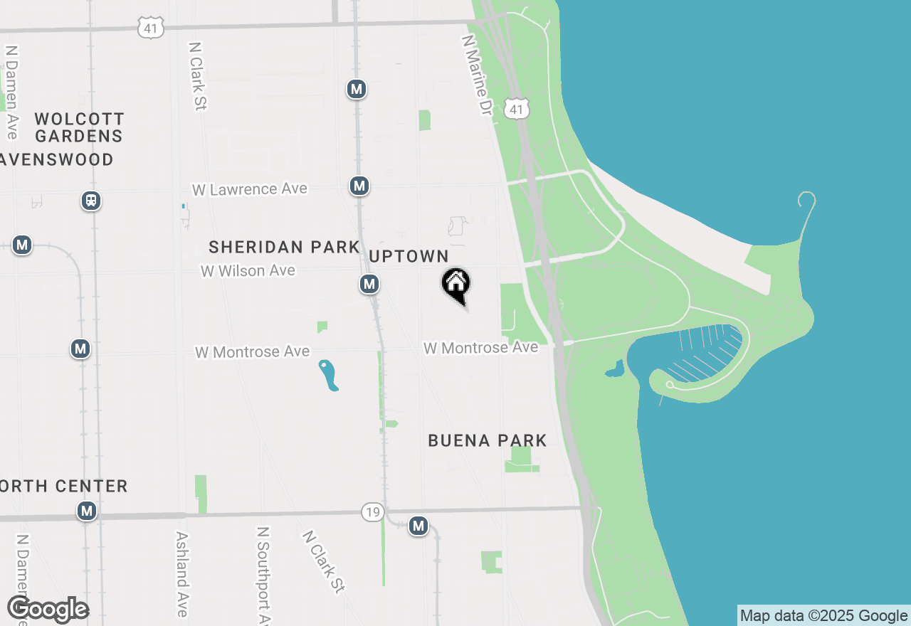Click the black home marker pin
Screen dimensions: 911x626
[x=456, y=285]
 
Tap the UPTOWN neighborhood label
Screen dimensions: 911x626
[x=409, y=256]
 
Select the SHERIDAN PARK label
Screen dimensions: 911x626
[x=284, y=247]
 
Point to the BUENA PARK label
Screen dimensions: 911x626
[x=488, y=441]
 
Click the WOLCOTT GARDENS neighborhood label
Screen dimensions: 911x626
[x=79, y=127]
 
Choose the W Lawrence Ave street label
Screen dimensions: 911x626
[x=250, y=189]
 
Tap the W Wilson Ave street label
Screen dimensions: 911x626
[x=248, y=271]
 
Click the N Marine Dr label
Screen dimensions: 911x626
[x=478, y=75]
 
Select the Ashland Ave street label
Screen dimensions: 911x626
[x=182, y=574]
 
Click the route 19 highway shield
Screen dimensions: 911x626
[x=372, y=512]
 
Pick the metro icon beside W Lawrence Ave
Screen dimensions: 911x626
[x=359, y=186]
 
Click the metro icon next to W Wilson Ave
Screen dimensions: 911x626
[x=369, y=285]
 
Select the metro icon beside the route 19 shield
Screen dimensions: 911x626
[x=418, y=526]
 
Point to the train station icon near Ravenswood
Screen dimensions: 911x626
[x=91, y=201]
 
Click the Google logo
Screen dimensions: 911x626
[x=48, y=609]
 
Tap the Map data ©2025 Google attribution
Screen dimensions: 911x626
[x=823, y=616]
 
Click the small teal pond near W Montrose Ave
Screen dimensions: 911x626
[x=328, y=375]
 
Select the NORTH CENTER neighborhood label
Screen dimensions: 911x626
[x=64, y=487]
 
